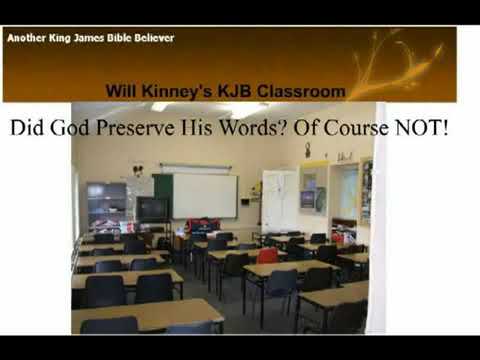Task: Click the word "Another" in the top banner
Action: coord(26,38)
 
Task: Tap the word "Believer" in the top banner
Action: coord(151,38)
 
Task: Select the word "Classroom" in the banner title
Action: coord(300,91)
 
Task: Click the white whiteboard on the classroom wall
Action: coord(205,195)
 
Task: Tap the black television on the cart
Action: coord(152,208)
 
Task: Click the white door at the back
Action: coord(279,200)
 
